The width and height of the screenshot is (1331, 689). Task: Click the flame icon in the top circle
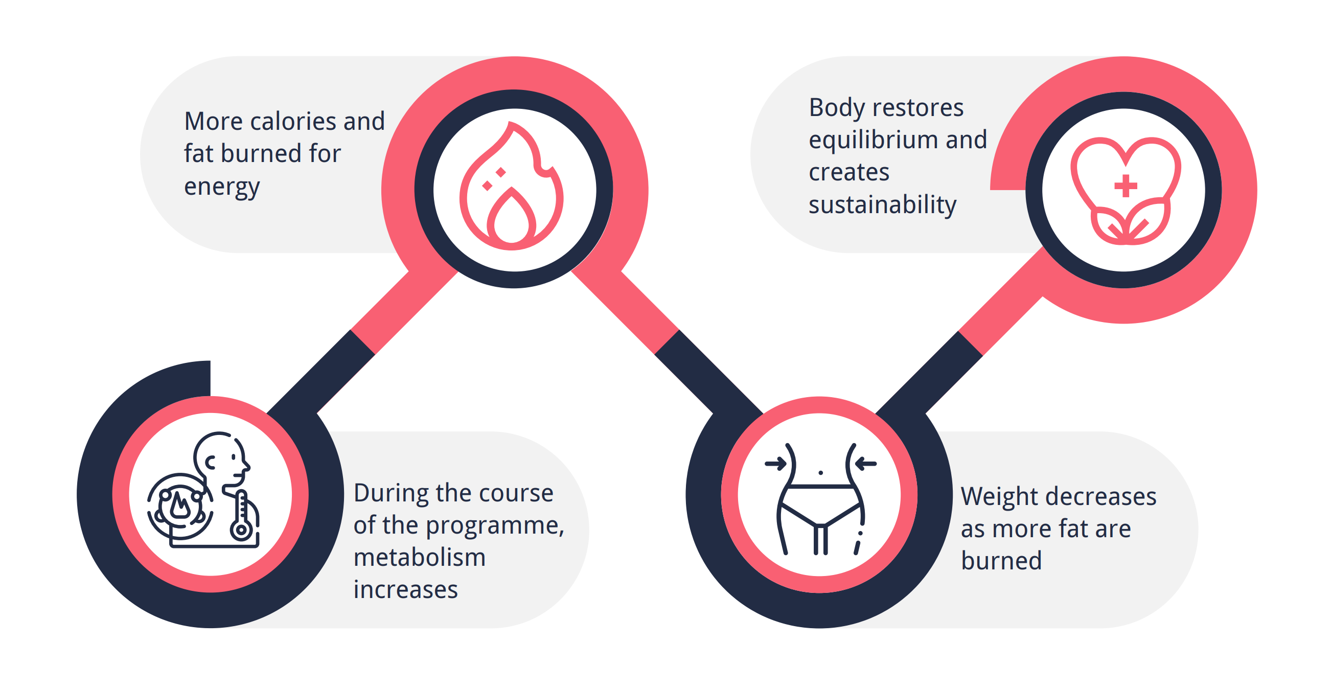[x=511, y=186]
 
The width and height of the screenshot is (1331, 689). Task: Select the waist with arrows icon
[x=820, y=499]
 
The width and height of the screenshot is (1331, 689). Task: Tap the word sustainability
[x=883, y=204]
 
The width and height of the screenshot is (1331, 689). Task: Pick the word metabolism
[x=420, y=557]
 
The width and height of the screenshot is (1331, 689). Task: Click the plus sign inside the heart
[x=1126, y=186]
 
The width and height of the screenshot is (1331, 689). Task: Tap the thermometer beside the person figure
[x=241, y=516]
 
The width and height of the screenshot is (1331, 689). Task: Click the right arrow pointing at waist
[x=866, y=464]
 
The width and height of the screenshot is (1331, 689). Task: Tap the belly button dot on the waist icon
[x=820, y=473]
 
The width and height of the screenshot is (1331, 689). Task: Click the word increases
[x=406, y=589]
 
